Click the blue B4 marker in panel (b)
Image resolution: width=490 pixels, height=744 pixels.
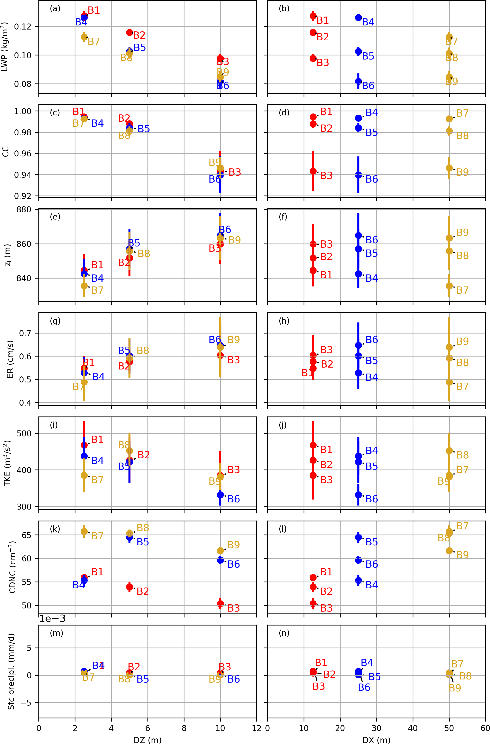point(358,18)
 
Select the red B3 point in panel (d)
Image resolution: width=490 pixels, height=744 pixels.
point(313,171)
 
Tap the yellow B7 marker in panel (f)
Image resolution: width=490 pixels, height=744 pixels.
point(449,286)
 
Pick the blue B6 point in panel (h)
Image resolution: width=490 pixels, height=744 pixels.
point(358,345)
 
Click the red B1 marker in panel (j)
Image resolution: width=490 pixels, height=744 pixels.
point(313,445)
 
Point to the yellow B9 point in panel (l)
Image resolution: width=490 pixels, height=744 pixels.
point(449,550)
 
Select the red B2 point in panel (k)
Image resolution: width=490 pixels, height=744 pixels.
point(129,587)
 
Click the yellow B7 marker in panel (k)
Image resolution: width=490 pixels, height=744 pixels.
point(84,531)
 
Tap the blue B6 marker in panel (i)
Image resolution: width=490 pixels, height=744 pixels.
point(220,494)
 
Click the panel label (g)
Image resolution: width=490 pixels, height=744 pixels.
point(55,321)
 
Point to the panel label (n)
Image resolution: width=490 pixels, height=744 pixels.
point(284,633)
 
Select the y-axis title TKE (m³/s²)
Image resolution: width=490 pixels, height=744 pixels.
point(7,463)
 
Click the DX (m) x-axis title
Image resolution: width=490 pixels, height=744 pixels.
point(376,740)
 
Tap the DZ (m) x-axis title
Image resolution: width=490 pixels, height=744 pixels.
point(147,740)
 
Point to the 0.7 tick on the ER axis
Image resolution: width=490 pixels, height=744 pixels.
point(26,333)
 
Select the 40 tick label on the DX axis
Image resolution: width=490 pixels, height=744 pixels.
point(413,728)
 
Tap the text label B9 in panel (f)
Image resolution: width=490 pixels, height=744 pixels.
point(462,232)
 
